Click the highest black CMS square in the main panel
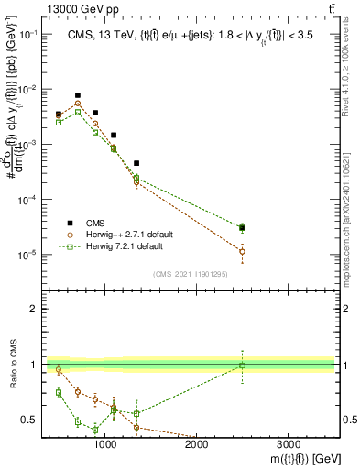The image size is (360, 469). click(x=78, y=95)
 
